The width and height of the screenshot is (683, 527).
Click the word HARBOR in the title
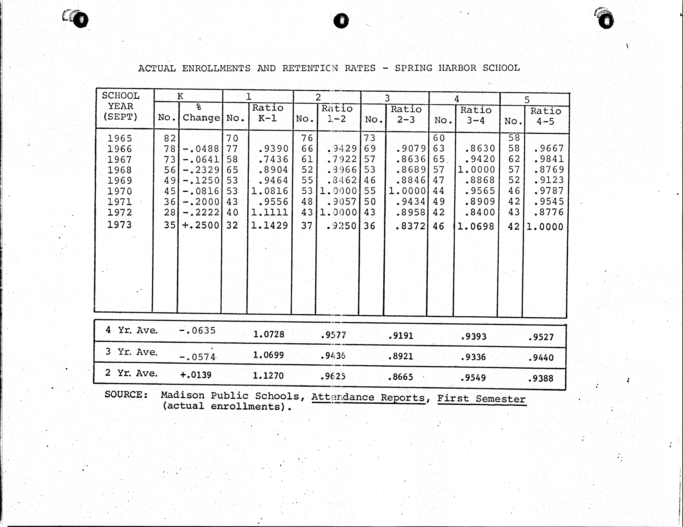tap(457, 68)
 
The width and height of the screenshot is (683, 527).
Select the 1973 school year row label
tap(120, 225)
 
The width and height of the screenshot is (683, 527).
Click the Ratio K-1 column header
tap(268, 113)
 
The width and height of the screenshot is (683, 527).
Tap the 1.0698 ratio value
tap(476, 226)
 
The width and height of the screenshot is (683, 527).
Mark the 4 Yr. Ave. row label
tap(131, 330)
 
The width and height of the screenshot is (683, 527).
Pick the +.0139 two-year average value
tap(196, 375)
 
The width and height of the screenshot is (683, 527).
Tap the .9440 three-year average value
tap(541, 358)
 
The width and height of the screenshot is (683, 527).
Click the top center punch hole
tap(341, 21)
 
